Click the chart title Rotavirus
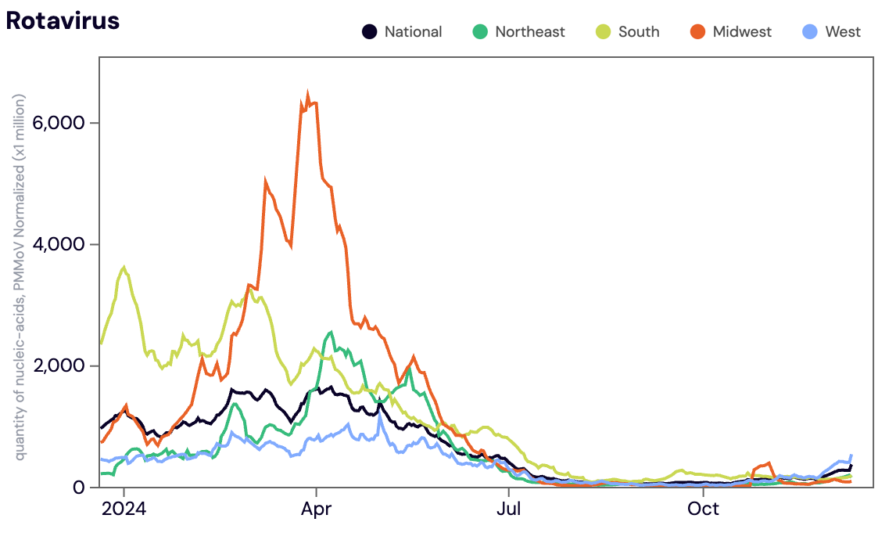pyautogui.click(x=63, y=20)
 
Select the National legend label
pyautogui.click(x=413, y=32)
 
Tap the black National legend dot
pyautogui.click(x=370, y=31)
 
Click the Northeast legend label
pyautogui.click(x=530, y=32)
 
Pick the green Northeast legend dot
pyautogui.click(x=481, y=31)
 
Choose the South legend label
pyautogui.click(x=639, y=32)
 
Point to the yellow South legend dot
pyautogui.click(x=604, y=31)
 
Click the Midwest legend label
pyautogui.click(x=742, y=32)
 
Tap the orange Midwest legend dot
pyautogui.click(x=697, y=31)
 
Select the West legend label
pyautogui.click(x=843, y=32)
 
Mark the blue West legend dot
pyautogui.click(x=810, y=31)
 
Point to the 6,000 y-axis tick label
pyautogui.click(x=59, y=122)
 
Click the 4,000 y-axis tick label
pyautogui.click(x=59, y=244)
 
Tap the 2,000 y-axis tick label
pyautogui.click(x=59, y=365)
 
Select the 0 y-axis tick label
pyautogui.click(x=79, y=488)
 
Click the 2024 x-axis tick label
pyautogui.click(x=124, y=509)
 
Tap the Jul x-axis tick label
pyautogui.click(x=508, y=509)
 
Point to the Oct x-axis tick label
pyautogui.click(x=704, y=509)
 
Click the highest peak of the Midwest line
pyautogui.click(x=307, y=93)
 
